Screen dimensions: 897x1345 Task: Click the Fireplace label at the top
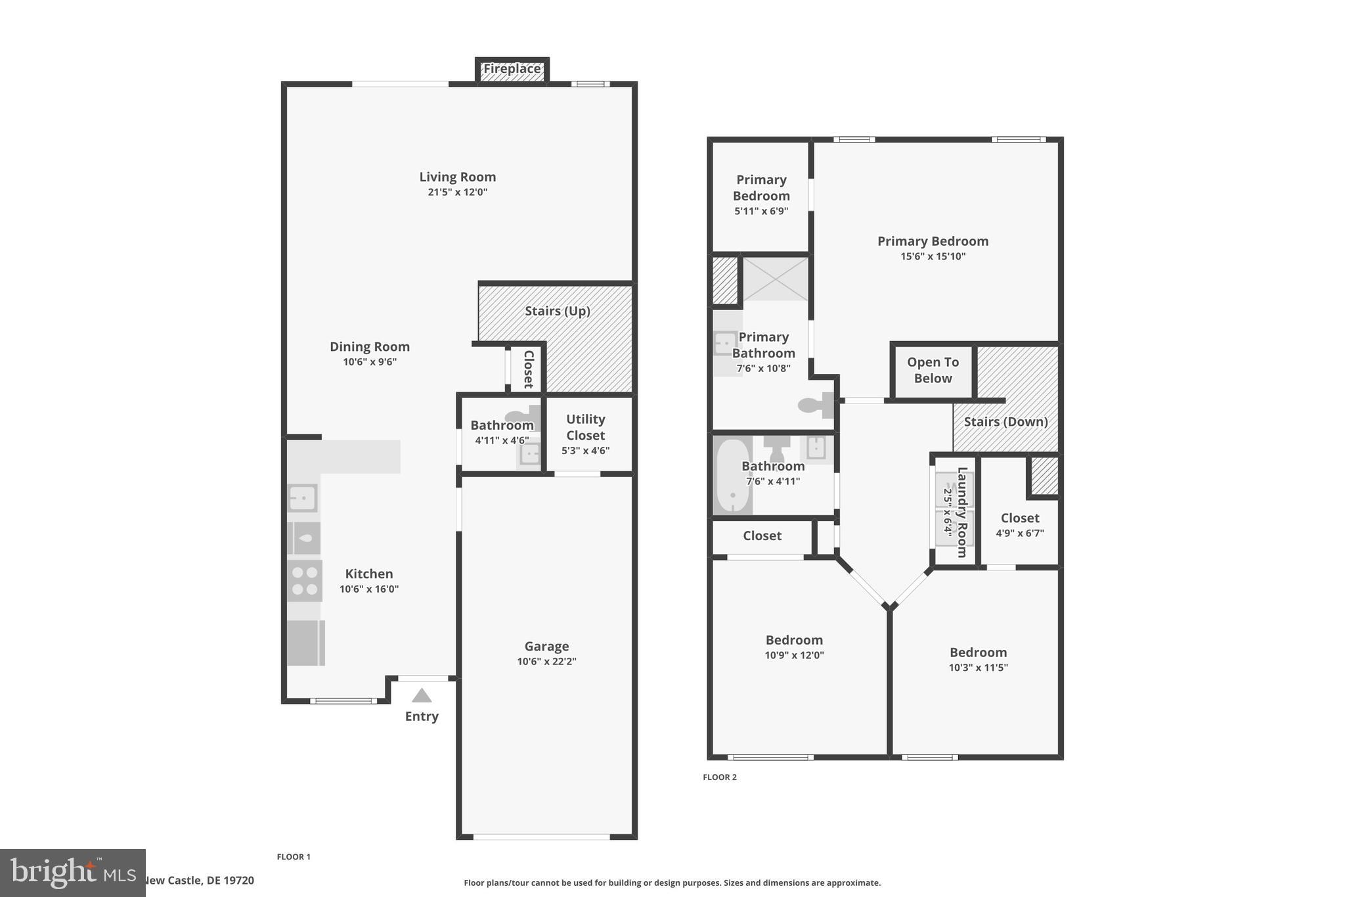click(x=512, y=69)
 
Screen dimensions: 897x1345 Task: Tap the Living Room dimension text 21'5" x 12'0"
click(x=457, y=193)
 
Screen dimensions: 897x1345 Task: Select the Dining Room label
click(x=369, y=347)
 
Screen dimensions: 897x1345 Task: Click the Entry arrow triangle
click(x=422, y=696)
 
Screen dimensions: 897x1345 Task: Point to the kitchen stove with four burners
click(x=305, y=581)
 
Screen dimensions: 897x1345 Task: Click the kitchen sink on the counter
click(x=303, y=498)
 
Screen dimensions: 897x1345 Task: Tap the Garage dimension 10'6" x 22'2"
click(x=546, y=662)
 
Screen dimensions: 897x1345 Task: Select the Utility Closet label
click(x=585, y=427)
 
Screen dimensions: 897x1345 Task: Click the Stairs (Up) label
click(x=557, y=311)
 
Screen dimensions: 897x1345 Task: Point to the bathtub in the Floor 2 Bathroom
click(x=732, y=476)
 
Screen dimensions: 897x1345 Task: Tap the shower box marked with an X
click(x=776, y=279)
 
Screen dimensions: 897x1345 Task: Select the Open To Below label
click(x=933, y=370)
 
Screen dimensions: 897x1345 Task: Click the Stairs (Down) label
click(x=1005, y=422)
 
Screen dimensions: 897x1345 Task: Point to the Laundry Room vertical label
click(x=962, y=512)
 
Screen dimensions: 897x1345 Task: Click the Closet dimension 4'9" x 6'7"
click(x=1019, y=534)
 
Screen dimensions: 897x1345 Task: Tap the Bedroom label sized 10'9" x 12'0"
click(x=794, y=640)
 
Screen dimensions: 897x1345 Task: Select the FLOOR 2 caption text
click(x=719, y=777)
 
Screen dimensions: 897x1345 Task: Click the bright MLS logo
click(x=72, y=873)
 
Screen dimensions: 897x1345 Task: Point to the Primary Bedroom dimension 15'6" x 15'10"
click(x=933, y=257)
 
